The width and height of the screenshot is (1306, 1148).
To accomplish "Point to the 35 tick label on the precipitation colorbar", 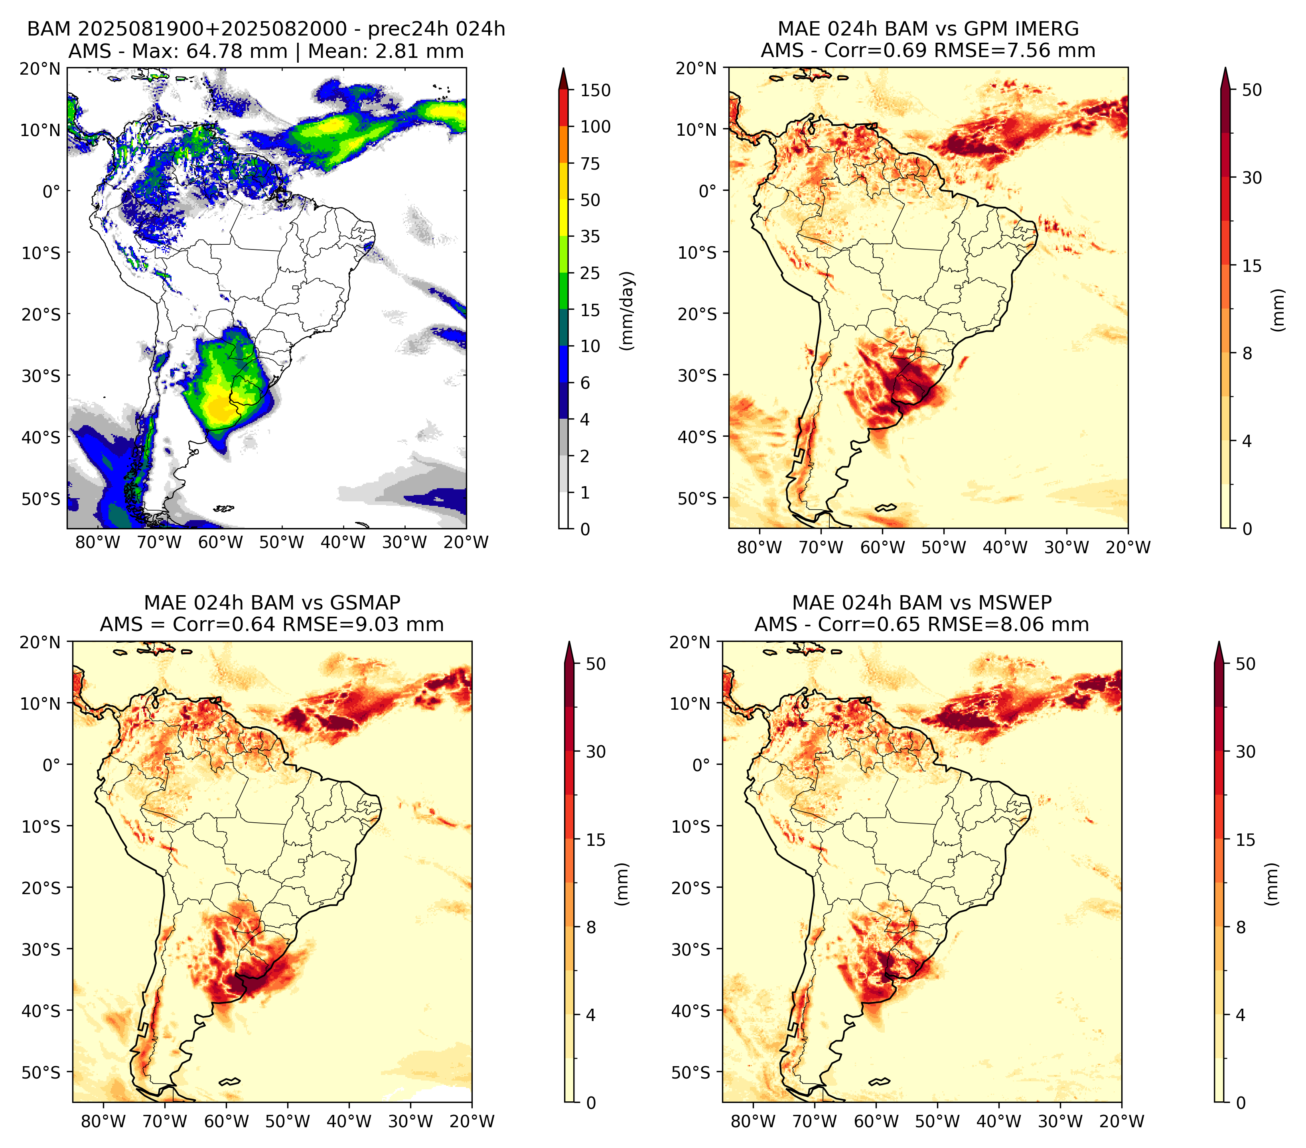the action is pyautogui.click(x=590, y=236).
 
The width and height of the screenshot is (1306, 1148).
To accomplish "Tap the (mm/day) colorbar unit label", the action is pyautogui.click(x=628, y=310).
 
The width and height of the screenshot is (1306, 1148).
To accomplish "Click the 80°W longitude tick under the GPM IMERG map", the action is pyautogui.click(x=759, y=547).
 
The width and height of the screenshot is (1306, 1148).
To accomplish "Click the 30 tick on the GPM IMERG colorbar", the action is pyautogui.click(x=1252, y=178).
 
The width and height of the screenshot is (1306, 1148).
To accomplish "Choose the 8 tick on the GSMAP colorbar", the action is pyautogui.click(x=591, y=927).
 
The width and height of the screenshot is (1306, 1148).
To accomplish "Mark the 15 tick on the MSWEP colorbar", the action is pyautogui.click(x=1245, y=839).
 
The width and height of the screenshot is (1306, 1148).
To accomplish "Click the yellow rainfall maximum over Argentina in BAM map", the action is pyautogui.click(x=221, y=409).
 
